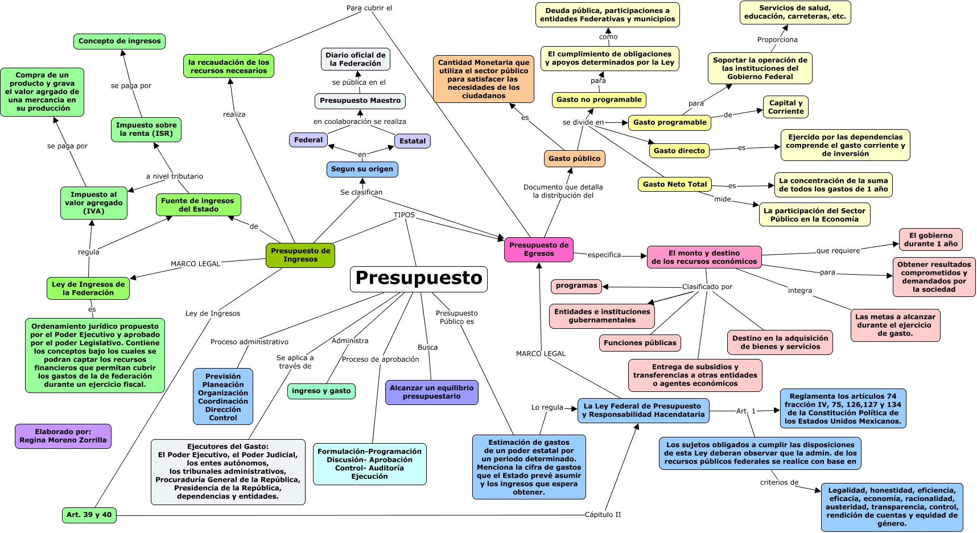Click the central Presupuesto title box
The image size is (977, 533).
click(418, 279)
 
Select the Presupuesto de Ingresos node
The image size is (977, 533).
click(300, 255)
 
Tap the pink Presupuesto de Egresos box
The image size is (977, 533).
click(538, 249)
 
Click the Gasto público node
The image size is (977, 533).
click(574, 159)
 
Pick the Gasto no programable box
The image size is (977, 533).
click(599, 100)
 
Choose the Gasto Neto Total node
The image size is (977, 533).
click(674, 184)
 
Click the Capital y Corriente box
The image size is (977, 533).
click(785, 107)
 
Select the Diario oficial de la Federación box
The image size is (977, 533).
click(355, 59)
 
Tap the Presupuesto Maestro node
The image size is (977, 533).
click(360, 101)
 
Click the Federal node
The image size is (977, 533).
click(308, 140)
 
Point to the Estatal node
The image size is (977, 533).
click(412, 141)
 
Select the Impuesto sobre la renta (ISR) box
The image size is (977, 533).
click(146, 129)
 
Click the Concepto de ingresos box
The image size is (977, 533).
click(119, 41)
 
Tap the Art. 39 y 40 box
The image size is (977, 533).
click(89, 515)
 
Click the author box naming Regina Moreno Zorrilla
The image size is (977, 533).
click(63, 436)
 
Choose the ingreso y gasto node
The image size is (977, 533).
click(321, 391)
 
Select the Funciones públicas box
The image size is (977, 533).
click(640, 343)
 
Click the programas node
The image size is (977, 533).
click(576, 286)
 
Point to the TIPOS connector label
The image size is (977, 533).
click(404, 215)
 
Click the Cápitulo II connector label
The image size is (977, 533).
click(603, 515)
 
